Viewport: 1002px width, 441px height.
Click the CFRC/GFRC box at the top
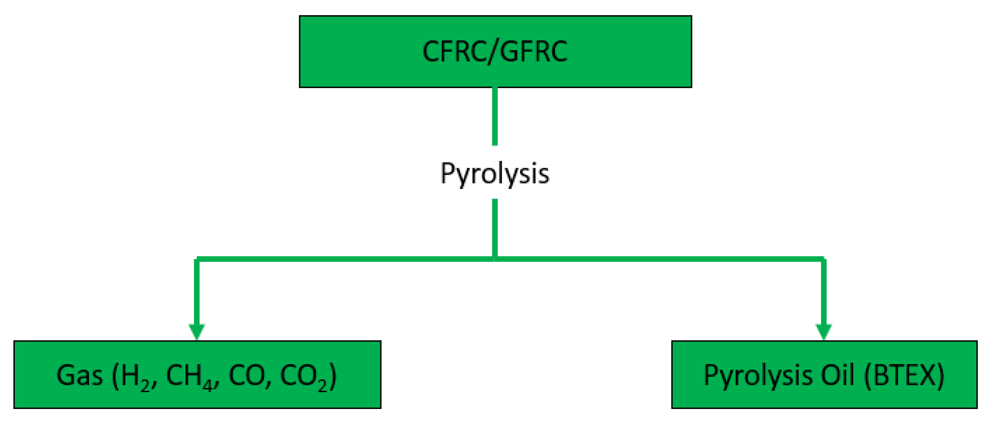pyautogui.click(x=495, y=51)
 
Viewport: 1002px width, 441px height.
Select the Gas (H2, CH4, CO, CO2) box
pyautogui.click(x=197, y=374)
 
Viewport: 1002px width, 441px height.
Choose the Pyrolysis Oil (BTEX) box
pyautogui.click(x=824, y=374)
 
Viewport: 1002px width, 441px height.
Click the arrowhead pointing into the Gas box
pyautogui.click(x=197, y=331)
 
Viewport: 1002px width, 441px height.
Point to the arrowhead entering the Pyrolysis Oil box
pyautogui.click(x=824, y=331)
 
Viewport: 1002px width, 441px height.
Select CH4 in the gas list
pyautogui.click(x=190, y=377)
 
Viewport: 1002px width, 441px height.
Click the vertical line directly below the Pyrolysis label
pyautogui.click(x=495, y=228)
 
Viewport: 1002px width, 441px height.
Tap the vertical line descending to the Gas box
pyautogui.click(x=197, y=292)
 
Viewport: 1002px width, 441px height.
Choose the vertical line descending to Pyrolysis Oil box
pyautogui.click(x=824, y=292)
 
